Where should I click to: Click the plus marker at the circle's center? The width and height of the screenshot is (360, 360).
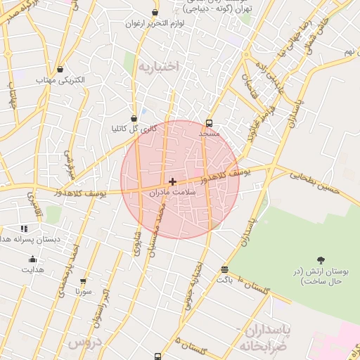pyautogui.click(x=172, y=181)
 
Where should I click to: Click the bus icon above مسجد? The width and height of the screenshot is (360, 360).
pyautogui.click(x=209, y=123)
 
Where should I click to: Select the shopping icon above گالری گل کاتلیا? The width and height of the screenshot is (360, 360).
pyautogui.click(x=134, y=119)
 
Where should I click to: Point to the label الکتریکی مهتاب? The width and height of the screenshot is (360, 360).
pyautogui.click(x=60, y=80)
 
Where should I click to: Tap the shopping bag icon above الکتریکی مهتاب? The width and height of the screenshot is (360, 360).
pyautogui.click(x=60, y=70)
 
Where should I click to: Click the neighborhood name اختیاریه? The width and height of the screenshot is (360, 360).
pyautogui.click(x=158, y=67)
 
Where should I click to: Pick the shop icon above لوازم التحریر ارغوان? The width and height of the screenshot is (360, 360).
pyautogui.click(x=155, y=13)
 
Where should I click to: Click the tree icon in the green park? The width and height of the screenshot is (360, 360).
pyautogui.click(x=321, y=261)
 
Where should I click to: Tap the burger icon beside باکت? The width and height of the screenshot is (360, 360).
pyautogui.click(x=224, y=269)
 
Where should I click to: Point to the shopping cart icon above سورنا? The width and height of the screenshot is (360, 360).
pyautogui.click(x=83, y=281)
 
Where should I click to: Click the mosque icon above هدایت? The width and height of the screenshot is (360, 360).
pyautogui.click(x=32, y=259)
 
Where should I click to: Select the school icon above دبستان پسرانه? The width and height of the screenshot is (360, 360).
pyautogui.click(x=25, y=229)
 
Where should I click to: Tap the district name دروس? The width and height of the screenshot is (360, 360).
pyautogui.click(x=84, y=342)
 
